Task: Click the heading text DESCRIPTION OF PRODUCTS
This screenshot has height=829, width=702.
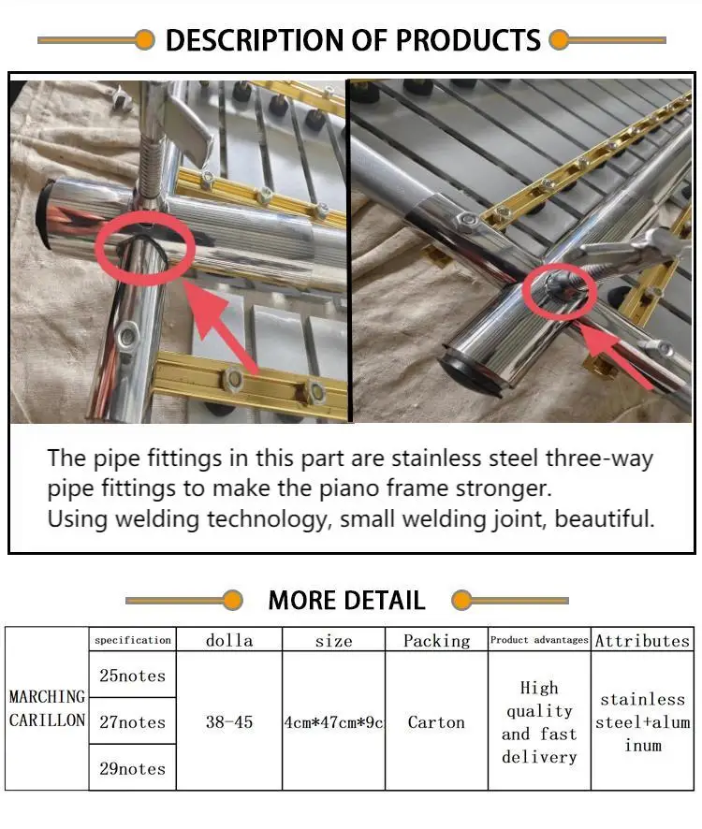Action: click(353, 40)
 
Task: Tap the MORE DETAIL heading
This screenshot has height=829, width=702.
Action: click(346, 601)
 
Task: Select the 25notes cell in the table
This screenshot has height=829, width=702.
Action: click(132, 676)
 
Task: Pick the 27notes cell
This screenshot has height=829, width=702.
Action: click(132, 721)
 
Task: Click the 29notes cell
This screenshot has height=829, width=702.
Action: click(132, 768)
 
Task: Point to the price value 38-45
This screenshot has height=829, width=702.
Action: click(229, 721)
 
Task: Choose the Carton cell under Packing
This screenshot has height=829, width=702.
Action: click(436, 721)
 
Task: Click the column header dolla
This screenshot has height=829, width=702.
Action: click(229, 640)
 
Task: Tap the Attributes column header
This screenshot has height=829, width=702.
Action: click(642, 640)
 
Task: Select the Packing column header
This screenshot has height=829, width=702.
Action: click(436, 641)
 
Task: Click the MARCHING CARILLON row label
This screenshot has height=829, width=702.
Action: click(47, 708)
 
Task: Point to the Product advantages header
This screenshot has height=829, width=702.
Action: click(539, 640)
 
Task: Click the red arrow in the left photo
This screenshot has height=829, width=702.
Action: click(222, 328)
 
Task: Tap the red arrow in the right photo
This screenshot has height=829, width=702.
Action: click(616, 356)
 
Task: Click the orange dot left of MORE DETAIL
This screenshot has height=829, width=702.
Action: click(232, 601)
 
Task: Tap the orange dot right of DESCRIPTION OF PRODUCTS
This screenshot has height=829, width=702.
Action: click(559, 40)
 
